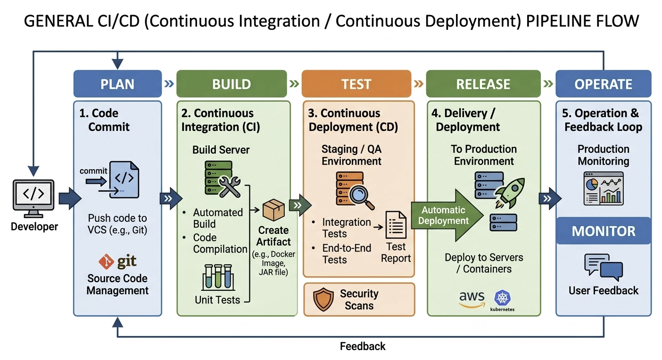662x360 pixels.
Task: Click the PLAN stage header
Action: coord(117,84)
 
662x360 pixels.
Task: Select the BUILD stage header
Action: coord(232,84)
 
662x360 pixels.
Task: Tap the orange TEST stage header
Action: coord(356,84)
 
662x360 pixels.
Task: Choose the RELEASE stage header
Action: coord(483,84)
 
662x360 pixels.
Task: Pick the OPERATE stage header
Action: coord(604,84)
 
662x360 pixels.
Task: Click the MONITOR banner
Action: coord(604,231)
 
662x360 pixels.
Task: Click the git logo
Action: coord(118,262)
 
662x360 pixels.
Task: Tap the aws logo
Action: coord(472,299)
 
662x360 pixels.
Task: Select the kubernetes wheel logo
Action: coord(503,298)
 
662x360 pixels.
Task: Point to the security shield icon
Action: coord(323,300)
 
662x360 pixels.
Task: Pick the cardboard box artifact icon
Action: coord(273,210)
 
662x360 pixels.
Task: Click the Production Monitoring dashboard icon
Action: coord(604,188)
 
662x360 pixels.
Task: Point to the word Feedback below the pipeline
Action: coord(363,346)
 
